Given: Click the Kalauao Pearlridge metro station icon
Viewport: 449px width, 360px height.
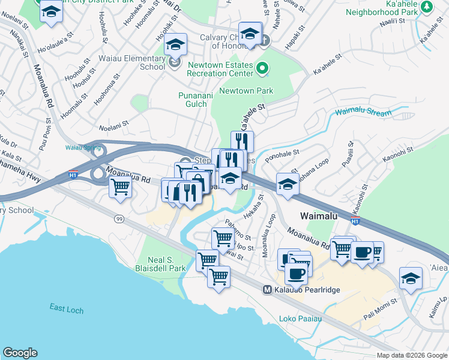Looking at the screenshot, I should point(268,290).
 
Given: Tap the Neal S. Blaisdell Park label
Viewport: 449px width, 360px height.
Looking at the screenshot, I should point(160,264).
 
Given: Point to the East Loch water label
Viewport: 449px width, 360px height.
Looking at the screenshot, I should point(66,308).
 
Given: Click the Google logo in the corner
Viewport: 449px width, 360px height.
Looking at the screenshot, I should point(20,353).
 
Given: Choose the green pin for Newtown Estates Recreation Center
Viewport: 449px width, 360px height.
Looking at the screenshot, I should point(262,69).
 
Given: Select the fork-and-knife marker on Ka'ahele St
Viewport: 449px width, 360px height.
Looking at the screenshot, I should point(243,142).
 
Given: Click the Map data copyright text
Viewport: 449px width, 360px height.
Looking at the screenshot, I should point(411,355).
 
